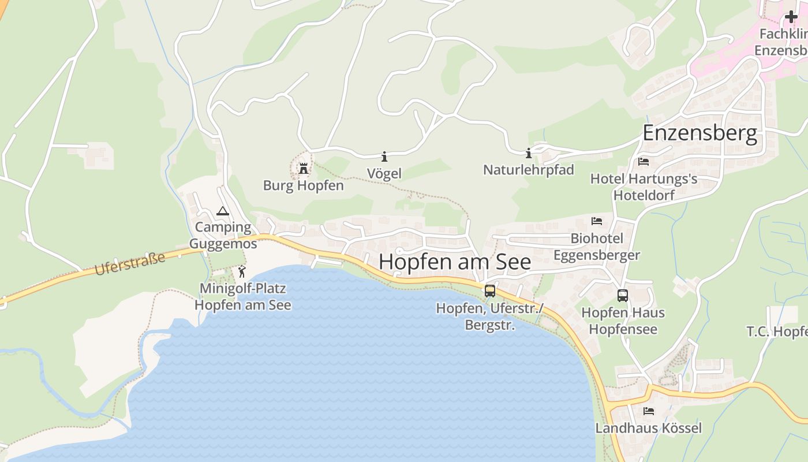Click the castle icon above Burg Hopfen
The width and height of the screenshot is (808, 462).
[x=303, y=168]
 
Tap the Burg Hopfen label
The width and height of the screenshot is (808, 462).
[x=303, y=185]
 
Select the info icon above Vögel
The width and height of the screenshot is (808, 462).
[x=384, y=157]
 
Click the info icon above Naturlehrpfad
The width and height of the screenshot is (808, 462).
[x=528, y=153]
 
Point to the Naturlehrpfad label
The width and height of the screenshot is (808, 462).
[x=528, y=170]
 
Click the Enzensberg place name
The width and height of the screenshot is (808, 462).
[x=699, y=133]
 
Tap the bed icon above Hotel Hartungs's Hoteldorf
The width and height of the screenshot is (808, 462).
[x=644, y=162]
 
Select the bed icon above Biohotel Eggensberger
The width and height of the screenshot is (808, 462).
[x=597, y=221]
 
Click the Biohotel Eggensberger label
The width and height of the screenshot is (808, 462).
[x=597, y=247]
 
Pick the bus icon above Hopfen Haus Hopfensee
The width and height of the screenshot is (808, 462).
[x=623, y=296]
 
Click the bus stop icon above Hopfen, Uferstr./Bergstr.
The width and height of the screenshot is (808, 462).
[x=490, y=290]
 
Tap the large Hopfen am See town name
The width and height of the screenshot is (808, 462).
[x=455, y=262]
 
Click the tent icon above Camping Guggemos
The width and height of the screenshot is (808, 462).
[x=223, y=211]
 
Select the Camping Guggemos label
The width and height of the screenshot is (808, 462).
[x=223, y=236]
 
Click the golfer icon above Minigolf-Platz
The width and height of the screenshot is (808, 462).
[x=242, y=271]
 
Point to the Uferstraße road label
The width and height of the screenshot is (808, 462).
[x=130, y=263]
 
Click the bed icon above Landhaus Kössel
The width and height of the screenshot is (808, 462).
[x=649, y=411]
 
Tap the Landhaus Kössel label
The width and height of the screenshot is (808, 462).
[x=649, y=428]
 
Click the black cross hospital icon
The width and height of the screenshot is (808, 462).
[x=791, y=17]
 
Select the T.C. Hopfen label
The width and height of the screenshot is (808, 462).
[x=777, y=331]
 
